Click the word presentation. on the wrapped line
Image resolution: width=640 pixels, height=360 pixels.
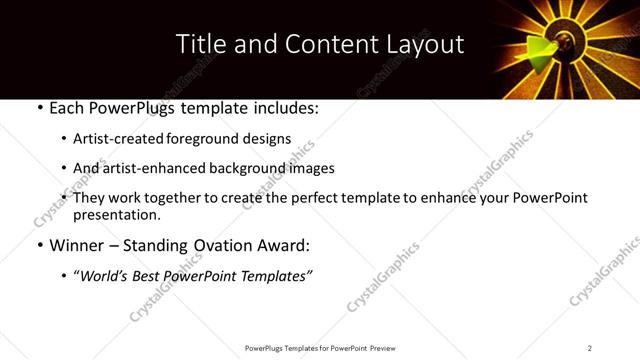click(x=116, y=214)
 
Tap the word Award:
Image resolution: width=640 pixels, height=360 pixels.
click(x=284, y=245)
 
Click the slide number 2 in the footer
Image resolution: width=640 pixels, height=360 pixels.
click(x=590, y=348)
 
